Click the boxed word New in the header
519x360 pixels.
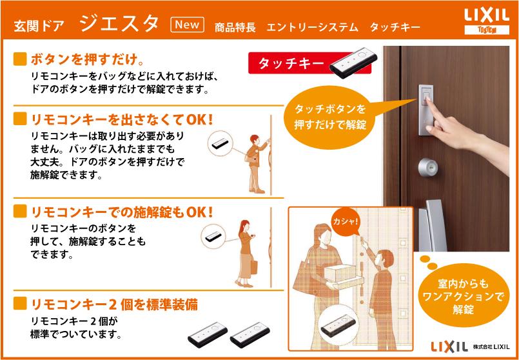click(187, 25)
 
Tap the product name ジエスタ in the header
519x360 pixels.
click(120, 24)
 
